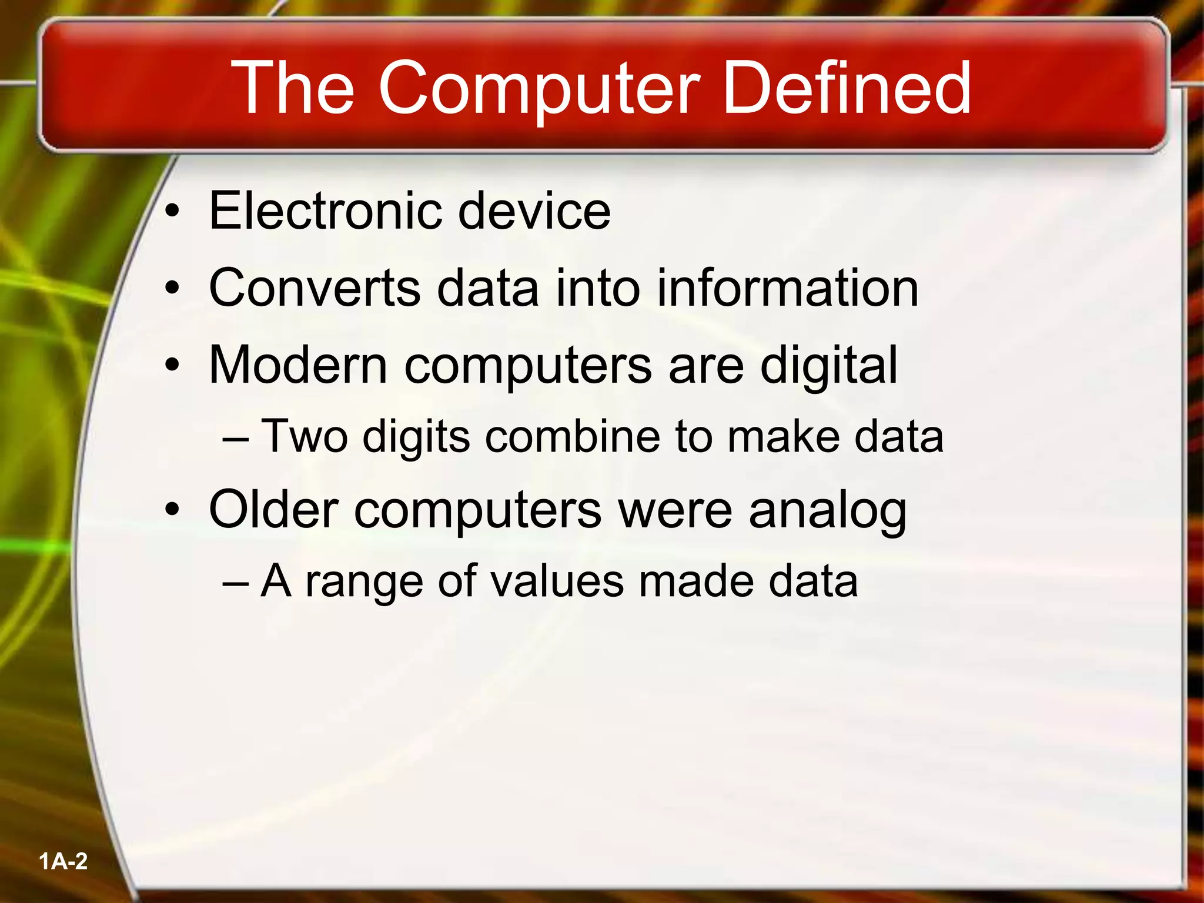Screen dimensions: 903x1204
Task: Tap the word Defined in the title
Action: click(x=847, y=88)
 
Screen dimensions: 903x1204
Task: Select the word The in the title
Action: click(x=293, y=88)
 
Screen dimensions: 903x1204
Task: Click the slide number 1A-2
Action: click(x=63, y=862)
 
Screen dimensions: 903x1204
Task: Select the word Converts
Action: click(x=315, y=288)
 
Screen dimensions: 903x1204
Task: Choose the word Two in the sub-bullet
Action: click(x=304, y=436)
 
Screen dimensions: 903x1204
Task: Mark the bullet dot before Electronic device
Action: click(x=172, y=212)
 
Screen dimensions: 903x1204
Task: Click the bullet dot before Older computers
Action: click(x=172, y=510)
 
